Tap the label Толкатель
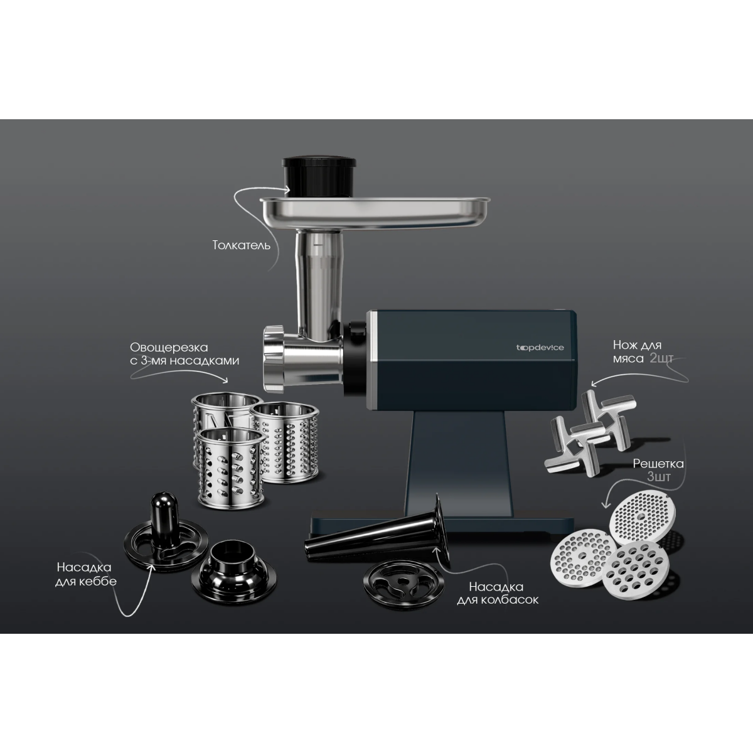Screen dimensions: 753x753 pyautogui.click(x=242, y=245)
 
